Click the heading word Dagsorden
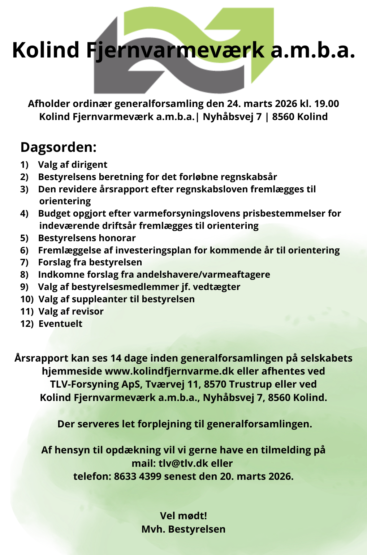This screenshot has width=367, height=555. (x=58, y=147)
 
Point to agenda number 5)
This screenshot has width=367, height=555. (x=24, y=238)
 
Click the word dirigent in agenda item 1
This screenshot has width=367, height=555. (x=89, y=165)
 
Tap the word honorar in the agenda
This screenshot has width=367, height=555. (x=118, y=238)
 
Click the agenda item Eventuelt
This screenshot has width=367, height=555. (x=60, y=324)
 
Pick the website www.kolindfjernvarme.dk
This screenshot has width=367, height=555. (x=169, y=371)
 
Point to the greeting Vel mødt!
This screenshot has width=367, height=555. (x=183, y=516)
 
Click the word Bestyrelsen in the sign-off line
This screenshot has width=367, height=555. (x=197, y=529)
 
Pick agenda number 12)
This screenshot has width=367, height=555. (x=27, y=324)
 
